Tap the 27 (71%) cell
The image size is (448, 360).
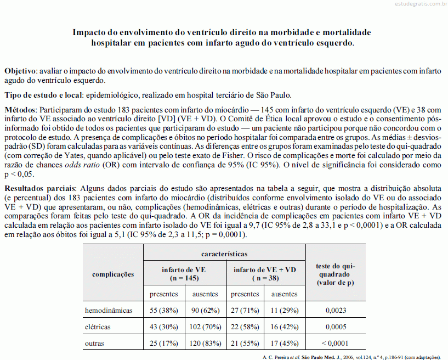[x=245, y=311]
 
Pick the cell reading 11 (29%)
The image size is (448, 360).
[x=285, y=311]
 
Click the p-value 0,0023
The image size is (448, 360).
[x=336, y=311]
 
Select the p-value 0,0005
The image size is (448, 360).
[x=336, y=327]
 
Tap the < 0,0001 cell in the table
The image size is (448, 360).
[x=336, y=344]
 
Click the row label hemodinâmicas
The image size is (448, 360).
[x=109, y=311]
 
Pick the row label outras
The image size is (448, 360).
[x=94, y=344]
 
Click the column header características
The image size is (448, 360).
[x=224, y=254]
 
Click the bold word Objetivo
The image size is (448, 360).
[x=20, y=71]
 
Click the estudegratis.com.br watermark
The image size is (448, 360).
[x=417, y=4]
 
